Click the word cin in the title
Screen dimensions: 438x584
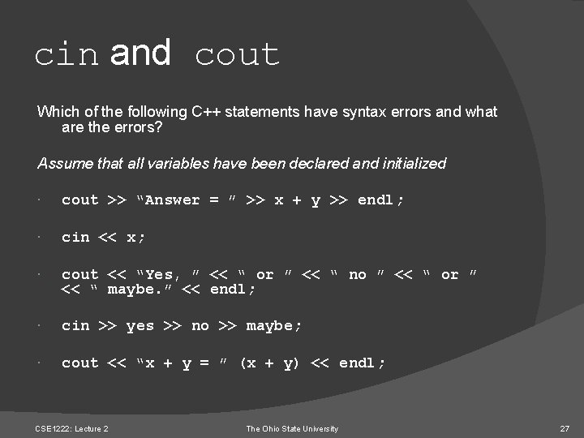click(x=67, y=55)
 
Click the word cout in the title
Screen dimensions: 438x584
click(x=238, y=55)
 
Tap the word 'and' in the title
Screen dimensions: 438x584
click(x=140, y=54)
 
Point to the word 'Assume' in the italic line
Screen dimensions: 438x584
click(x=62, y=164)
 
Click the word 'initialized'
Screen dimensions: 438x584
click(x=408, y=164)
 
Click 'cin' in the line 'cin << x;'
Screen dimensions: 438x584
click(x=75, y=238)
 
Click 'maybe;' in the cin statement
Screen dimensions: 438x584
click(x=274, y=326)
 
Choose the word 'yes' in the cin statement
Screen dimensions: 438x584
click(x=140, y=326)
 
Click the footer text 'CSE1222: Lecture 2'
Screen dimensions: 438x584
click(x=73, y=428)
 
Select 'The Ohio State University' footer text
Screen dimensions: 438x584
click(x=292, y=428)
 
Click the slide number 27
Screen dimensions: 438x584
click(x=565, y=428)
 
